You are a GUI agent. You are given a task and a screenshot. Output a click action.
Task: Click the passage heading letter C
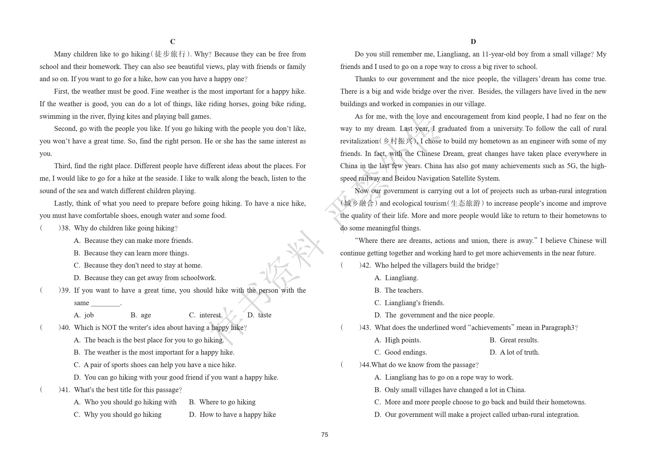pos(173,42)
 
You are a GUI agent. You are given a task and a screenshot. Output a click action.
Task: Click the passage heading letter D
pos(473,42)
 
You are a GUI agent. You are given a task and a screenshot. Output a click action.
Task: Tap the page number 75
pos(324,435)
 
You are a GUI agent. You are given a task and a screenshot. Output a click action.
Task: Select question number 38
pos(65,228)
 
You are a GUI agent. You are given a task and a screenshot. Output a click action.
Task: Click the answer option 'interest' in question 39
pos(210,315)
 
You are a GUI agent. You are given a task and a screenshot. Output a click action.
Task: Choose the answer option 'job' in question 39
pos(89,315)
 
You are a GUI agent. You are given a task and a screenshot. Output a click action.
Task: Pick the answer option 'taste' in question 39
pos(265,315)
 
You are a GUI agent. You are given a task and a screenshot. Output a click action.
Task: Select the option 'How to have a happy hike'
pos(237,415)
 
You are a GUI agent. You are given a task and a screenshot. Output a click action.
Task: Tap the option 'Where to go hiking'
pos(227,402)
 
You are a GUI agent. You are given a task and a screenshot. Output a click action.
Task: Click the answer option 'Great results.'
pos(519,340)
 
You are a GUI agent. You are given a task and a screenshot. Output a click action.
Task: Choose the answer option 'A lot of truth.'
pos(519,352)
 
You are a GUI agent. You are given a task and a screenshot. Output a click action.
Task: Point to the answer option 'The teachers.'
pos(404,290)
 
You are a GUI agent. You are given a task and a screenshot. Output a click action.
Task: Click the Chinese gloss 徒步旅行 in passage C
pos(170,54)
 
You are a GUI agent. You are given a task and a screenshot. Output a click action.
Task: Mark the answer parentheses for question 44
pos(350,365)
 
